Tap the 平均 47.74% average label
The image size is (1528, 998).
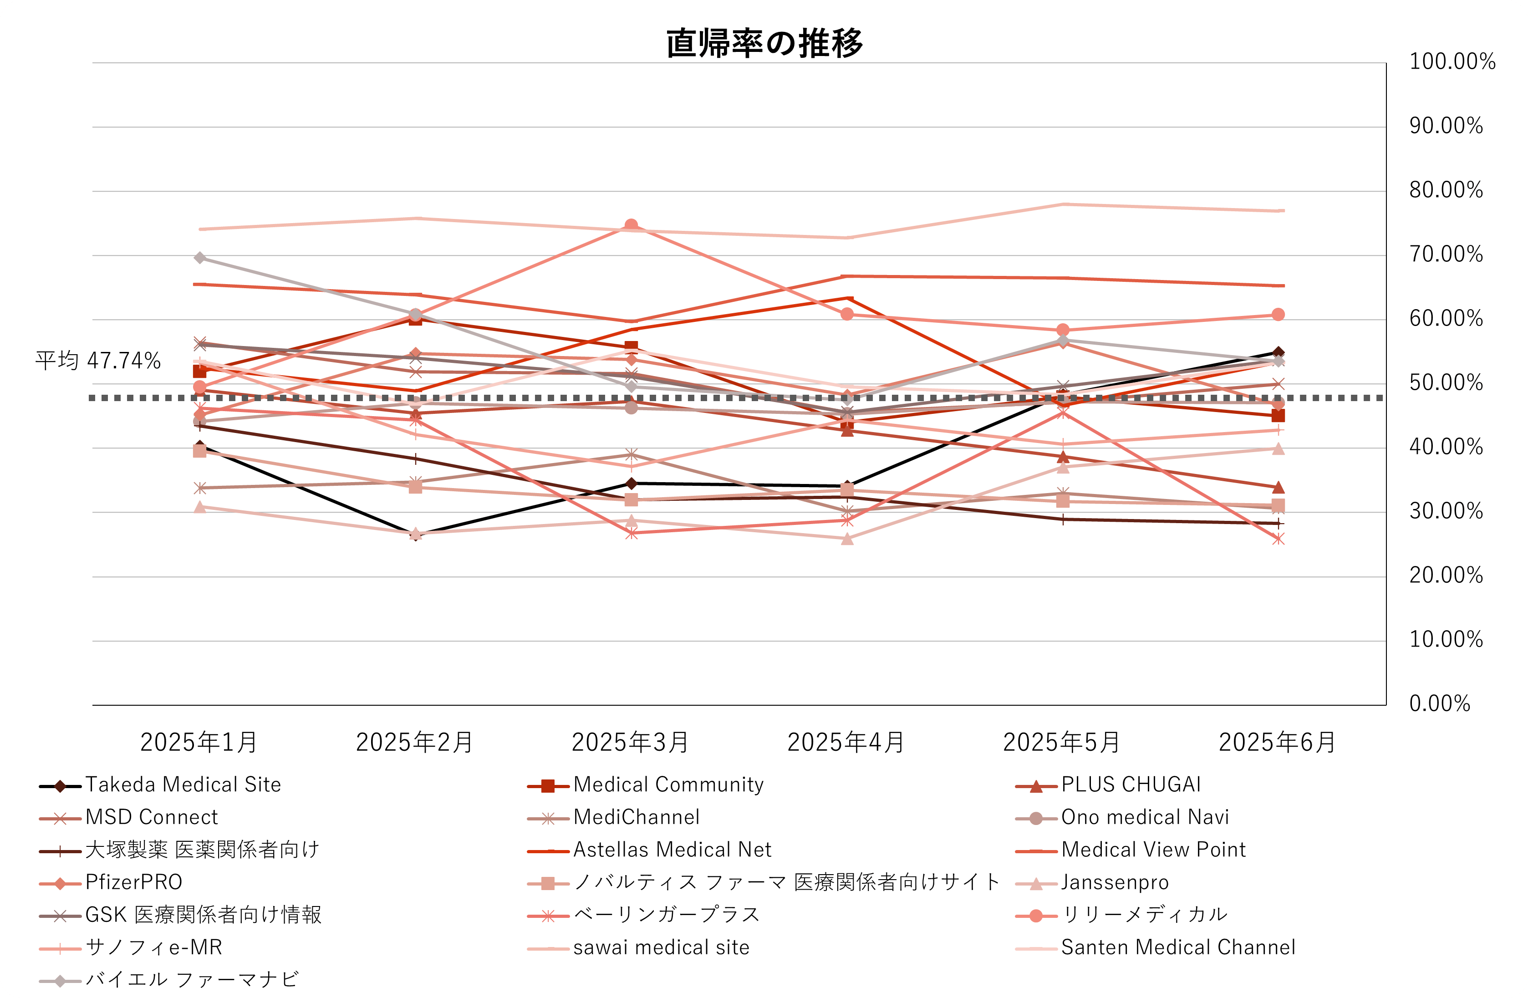pos(97,361)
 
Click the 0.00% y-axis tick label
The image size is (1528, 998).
pos(1439,703)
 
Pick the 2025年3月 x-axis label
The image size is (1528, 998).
pos(631,743)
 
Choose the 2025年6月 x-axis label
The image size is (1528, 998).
pos(1278,743)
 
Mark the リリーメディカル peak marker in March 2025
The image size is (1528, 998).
pos(631,225)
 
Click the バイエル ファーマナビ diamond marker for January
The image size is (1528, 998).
pos(200,257)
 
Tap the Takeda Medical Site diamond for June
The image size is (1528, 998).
pos(1278,352)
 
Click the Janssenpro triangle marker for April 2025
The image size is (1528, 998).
pos(847,539)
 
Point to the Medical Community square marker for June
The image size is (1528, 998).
pos(1278,416)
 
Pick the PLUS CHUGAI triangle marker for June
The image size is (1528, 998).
pos(1278,488)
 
